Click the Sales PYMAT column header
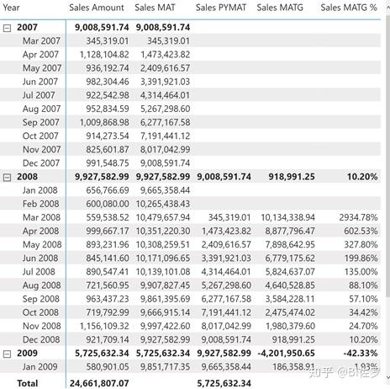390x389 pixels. coord(221,8)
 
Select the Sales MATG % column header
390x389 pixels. coord(349,8)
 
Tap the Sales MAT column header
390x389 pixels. coord(155,8)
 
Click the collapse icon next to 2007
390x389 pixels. coord(7,28)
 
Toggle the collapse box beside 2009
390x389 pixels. coord(7,354)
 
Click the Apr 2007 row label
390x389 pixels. coord(40,55)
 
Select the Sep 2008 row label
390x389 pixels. coord(41,299)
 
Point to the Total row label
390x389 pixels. coord(27,383)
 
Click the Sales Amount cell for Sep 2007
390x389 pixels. coord(104,122)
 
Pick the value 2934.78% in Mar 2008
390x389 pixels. coord(358,217)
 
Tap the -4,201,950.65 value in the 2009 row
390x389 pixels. coord(286,353)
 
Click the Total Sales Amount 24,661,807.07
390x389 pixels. coord(99,383)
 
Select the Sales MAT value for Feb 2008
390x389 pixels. coord(163,204)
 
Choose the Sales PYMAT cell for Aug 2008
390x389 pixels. coord(226,285)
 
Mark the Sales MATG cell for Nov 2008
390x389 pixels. coord(290,326)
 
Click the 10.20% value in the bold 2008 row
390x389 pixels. coord(362,177)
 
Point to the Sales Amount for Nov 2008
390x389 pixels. coord(104,326)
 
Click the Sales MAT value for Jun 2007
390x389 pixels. coord(165,82)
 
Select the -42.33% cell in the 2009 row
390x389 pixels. coord(361,353)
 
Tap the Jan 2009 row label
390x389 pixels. coord(40,366)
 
